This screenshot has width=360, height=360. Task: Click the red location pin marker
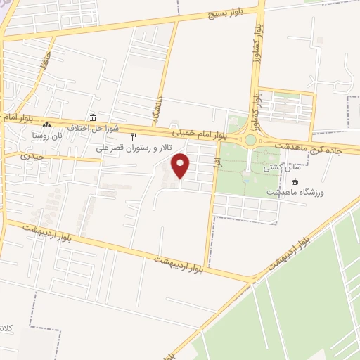182,165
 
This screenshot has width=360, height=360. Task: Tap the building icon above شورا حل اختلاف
94,117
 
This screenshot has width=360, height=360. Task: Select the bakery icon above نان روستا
46,124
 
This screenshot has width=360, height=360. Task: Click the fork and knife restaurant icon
134,138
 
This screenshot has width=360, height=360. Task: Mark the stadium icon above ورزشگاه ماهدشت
295,181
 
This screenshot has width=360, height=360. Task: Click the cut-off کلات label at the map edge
6,328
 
